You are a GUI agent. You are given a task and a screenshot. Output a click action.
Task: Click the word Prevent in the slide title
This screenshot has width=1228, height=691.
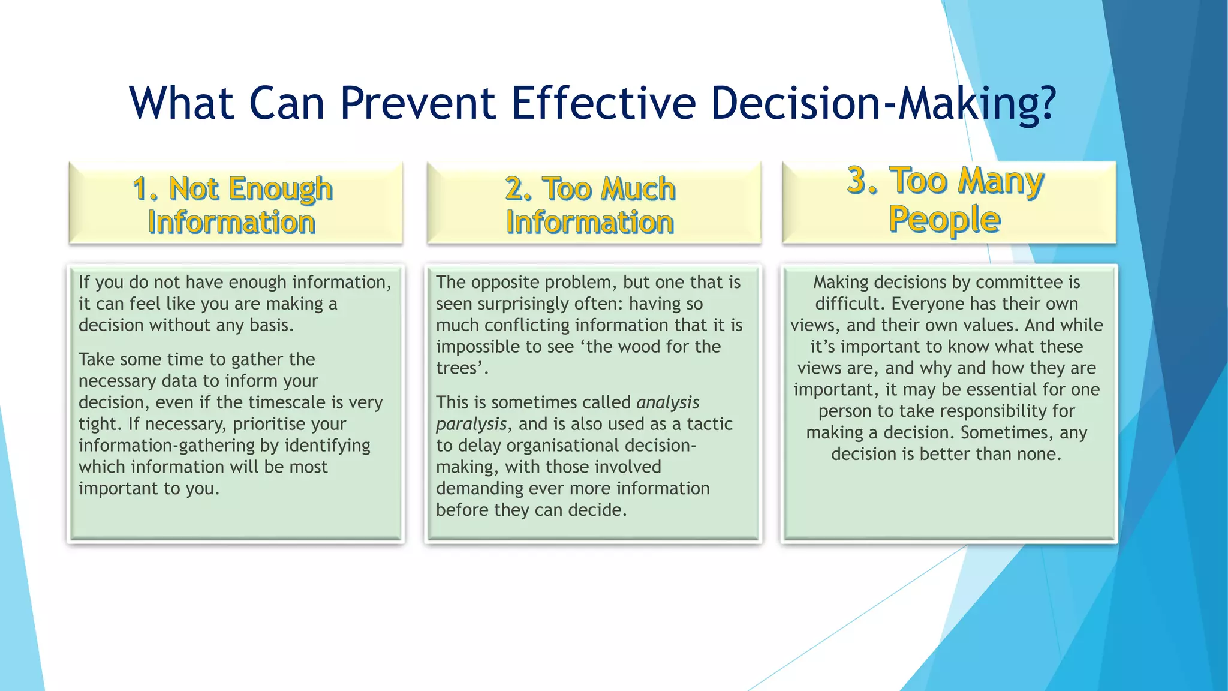pos(417,103)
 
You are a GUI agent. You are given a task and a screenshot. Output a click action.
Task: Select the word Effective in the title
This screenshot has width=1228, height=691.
pos(603,103)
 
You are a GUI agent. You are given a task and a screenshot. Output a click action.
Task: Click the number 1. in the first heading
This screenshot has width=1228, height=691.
pos(146,189)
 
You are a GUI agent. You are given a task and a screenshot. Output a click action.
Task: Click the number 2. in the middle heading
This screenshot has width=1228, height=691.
pos(518,189)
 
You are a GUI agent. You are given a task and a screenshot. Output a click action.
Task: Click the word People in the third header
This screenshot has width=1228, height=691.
pos(944,220)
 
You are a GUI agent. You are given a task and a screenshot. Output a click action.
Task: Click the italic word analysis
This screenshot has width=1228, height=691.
pos(667,402)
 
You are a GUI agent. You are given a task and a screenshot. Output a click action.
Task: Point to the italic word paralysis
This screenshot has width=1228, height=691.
pos(471,425)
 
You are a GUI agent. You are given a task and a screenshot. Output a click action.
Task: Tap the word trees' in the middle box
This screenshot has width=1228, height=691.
pos(462,368)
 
